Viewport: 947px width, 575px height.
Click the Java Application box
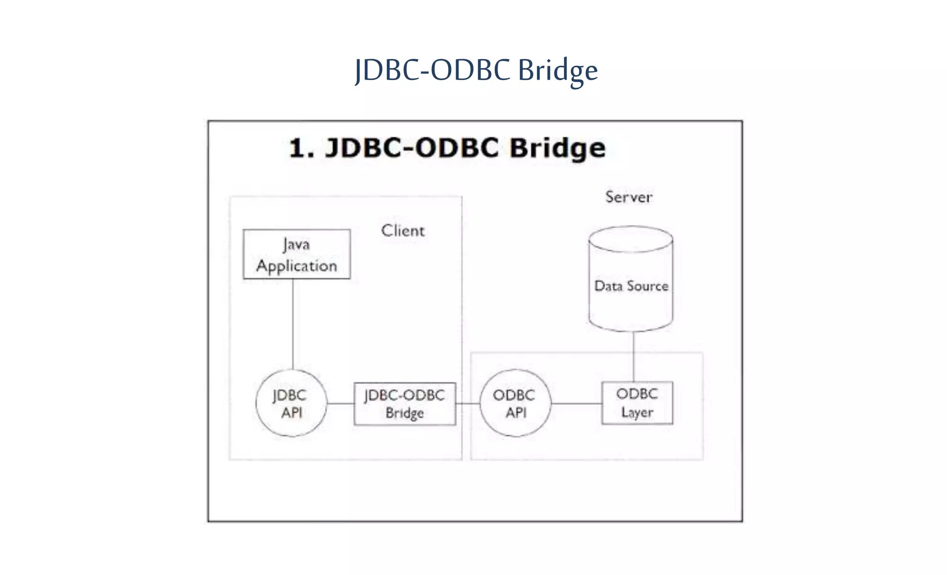[296, 254]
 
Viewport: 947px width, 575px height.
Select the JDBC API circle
[291, 403]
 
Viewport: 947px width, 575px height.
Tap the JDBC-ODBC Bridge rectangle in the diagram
[405, 403]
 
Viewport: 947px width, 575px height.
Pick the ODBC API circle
[515, 403]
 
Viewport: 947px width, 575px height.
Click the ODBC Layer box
[637, 403]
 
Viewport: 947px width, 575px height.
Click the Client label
[403, 230]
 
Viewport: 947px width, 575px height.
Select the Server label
[629, 197]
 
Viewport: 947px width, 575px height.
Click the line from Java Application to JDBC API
[293, 324]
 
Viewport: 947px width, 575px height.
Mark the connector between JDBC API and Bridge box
[340, 403]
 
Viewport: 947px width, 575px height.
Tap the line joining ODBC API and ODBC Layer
[576, 403]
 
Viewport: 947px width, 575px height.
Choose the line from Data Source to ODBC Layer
[633, 356]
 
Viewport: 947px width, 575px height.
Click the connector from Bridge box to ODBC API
[468, 403]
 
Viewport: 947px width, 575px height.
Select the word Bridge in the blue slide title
[558, 71]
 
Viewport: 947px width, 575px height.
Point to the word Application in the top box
[296, 266]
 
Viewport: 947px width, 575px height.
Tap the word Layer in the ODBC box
[637, 412]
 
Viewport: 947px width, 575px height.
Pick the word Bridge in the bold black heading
[558, 148]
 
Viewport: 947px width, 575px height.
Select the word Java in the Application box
[296, 244]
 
